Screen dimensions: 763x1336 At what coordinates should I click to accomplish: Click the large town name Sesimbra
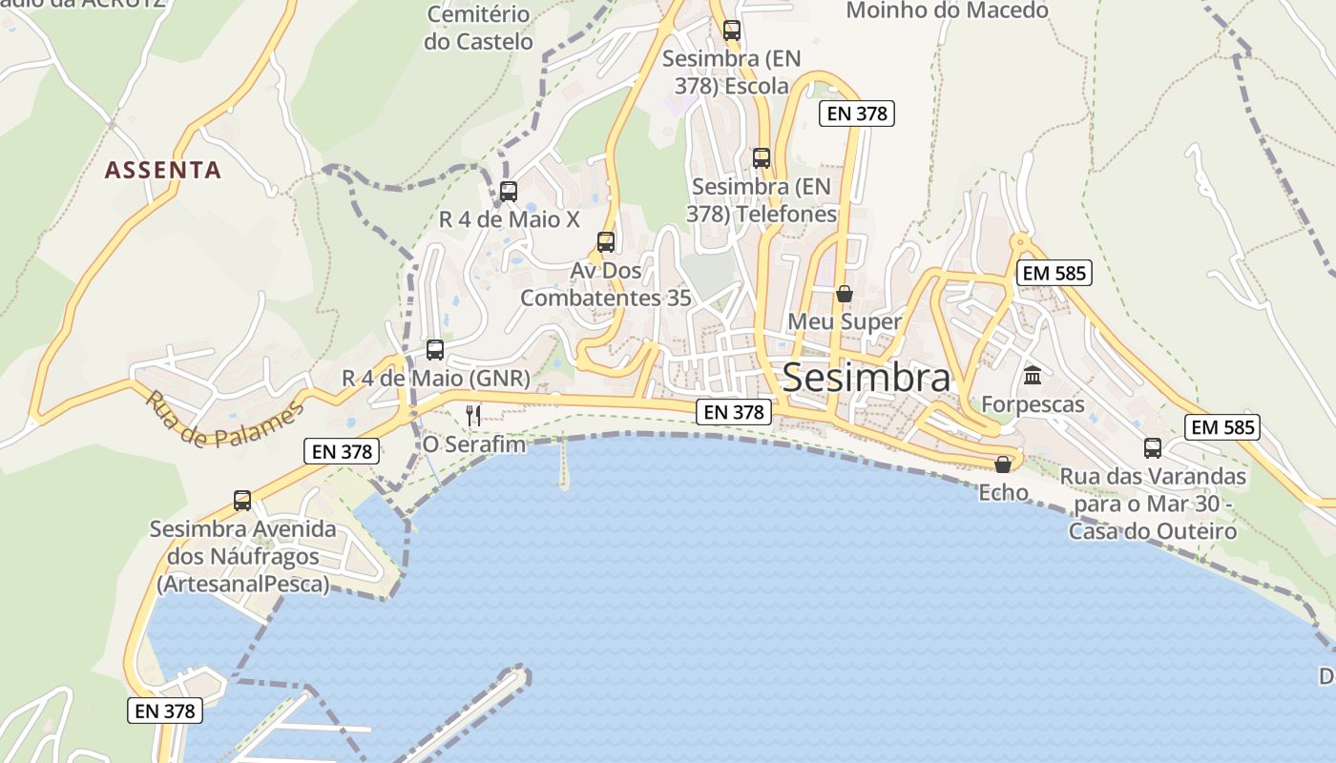[x=866, y=378]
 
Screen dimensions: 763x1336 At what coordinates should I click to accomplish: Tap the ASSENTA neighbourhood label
[x=162, y=171]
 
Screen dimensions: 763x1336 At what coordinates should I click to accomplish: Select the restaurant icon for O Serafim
[x=472, y=415]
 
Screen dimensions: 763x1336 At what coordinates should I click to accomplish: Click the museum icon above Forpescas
[x=1033, y=376]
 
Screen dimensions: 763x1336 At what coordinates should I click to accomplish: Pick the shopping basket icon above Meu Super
[x=845, y=294]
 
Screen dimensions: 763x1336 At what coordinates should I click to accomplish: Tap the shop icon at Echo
[x=1003, y=464]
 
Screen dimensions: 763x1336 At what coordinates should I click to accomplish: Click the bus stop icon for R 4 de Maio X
[x=509, y=191]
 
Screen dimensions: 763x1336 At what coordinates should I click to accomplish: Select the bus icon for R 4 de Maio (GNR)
[x=435, y=350]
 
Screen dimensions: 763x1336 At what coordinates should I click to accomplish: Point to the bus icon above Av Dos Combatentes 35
[x=606, y=242]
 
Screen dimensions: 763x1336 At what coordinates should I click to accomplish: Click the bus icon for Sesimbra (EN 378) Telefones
[x=762, y=158]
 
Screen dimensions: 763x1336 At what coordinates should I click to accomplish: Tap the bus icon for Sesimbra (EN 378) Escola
[x=732, y=31]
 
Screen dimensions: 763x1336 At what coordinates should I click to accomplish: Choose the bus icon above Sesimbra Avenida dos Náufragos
[x=242, y=501]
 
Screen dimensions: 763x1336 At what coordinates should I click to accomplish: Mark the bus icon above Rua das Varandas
[x=1153, y=448]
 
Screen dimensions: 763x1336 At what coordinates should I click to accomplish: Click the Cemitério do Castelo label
[x=479, y=28]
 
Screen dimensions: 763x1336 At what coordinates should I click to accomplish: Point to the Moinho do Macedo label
[x=947, y=10]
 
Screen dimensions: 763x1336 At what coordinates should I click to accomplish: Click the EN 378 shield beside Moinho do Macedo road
[x=856, y=113]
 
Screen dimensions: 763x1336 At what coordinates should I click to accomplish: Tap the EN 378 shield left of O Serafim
[x=342, y=451]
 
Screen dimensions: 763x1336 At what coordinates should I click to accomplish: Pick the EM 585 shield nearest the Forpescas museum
[x=1054, y=273]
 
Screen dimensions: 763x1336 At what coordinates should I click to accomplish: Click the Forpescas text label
[x=1033, y=404]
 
